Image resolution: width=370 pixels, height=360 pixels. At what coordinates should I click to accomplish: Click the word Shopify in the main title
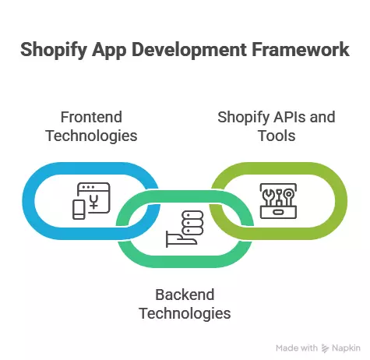tap(56, 51)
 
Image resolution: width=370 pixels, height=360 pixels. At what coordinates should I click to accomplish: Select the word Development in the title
tap(195, 51)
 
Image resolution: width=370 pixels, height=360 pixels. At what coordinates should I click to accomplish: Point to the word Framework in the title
tap(301, 51)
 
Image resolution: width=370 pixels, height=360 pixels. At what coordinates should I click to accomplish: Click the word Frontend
tap(92, 118)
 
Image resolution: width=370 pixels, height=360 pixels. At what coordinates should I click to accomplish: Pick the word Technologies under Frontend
tap(92, 136)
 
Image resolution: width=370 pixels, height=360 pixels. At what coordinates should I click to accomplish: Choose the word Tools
tap(277, 136)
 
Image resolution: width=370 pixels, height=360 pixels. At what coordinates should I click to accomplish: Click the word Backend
tap(185, 295)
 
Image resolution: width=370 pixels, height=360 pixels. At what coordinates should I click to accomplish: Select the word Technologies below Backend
tap(185, 313)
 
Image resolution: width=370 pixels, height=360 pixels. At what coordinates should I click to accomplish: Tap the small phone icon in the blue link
tap(79, 210)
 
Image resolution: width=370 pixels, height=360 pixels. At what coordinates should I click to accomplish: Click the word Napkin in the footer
tap(346, 348)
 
